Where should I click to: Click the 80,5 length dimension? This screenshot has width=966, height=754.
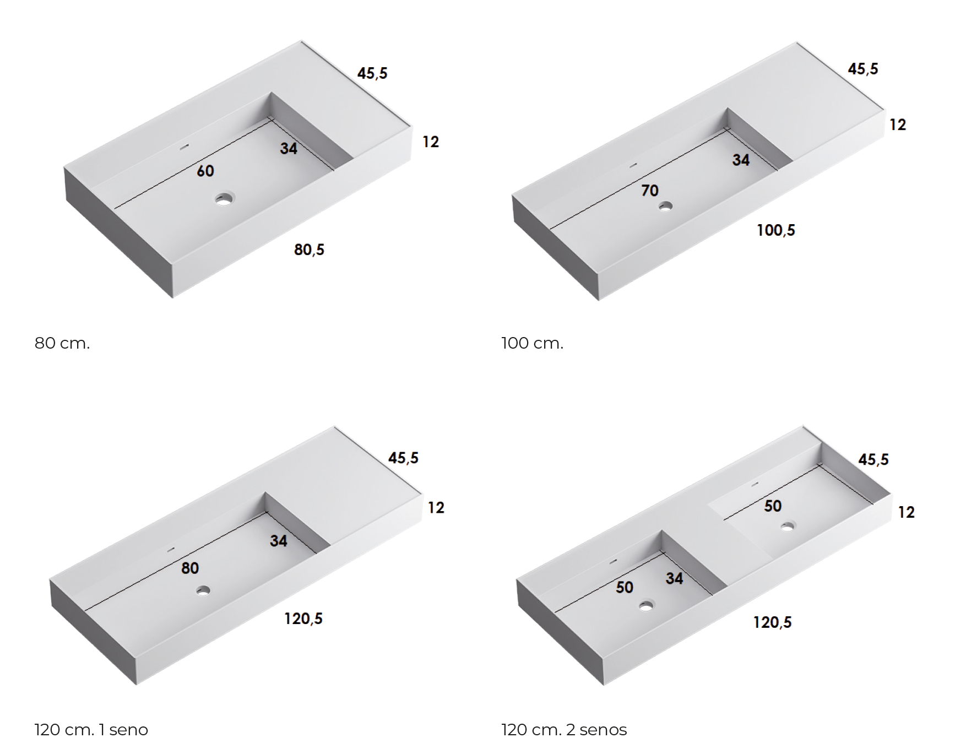coord(309,250)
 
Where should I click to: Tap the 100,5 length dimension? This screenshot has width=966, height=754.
coord(776,230)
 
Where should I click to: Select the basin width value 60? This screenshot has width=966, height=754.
coord(205,171)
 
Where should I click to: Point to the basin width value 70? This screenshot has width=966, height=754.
coord(650,191)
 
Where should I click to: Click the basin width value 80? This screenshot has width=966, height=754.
coord(190,568)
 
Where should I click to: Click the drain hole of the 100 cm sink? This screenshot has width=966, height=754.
coord(665,207)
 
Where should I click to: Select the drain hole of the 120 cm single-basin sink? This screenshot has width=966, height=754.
coord(203,591)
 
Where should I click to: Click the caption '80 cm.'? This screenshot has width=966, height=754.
coord(62,344)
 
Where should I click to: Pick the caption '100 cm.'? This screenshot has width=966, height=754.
coord(533,344)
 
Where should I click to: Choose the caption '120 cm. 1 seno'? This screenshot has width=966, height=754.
coord(91,730)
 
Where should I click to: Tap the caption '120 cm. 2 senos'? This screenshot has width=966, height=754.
coord(565,730)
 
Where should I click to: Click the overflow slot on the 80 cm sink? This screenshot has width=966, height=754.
coord(184,147)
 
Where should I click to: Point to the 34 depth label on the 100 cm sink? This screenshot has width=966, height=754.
coord(741,160)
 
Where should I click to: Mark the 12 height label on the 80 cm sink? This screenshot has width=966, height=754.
coord(431,142)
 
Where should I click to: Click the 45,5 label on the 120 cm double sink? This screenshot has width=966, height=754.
coord(873,459)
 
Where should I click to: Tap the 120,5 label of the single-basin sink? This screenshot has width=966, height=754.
coord(303,619)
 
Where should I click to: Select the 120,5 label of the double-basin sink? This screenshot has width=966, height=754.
coord(773,622)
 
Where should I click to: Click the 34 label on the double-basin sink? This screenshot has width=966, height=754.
coord(674,578)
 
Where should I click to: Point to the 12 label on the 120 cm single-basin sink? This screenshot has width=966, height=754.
coord(436,508)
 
